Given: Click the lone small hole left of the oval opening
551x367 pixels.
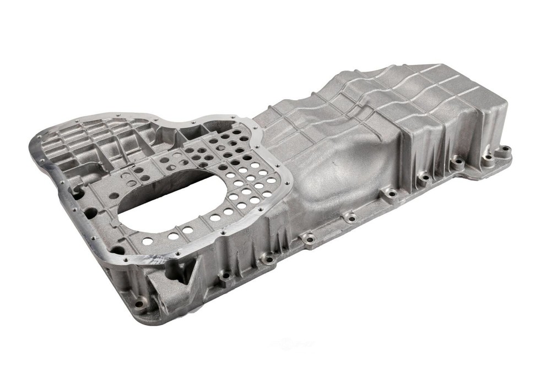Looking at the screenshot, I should [x=113, y=195].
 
